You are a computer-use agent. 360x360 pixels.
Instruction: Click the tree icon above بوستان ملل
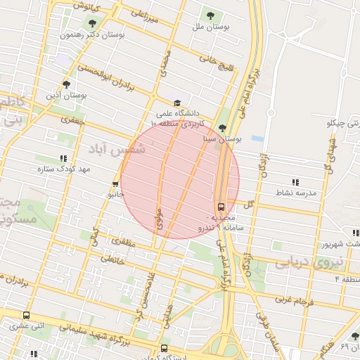210,15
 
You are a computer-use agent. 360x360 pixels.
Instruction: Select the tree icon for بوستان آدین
65,84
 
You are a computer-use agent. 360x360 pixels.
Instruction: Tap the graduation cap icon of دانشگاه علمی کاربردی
176,103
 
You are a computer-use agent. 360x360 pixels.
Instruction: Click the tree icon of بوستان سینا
223,128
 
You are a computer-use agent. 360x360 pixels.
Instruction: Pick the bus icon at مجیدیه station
221,207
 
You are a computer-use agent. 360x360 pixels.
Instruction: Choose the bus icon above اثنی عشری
27,315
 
